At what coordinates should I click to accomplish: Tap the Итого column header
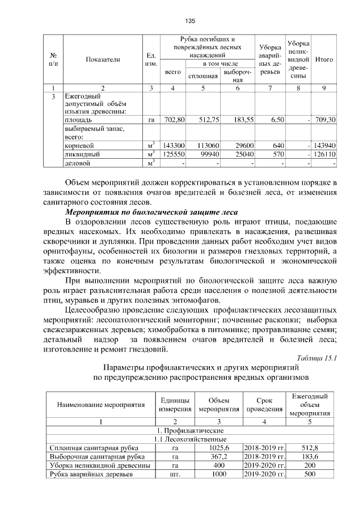[x=324, y=59]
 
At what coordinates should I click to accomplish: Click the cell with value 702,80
[x=174, y=120]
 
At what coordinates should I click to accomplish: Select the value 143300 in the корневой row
[x=174, y=145]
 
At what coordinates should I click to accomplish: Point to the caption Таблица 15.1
[x=317, y=358]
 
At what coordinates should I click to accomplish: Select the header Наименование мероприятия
[x=100, y=405]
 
